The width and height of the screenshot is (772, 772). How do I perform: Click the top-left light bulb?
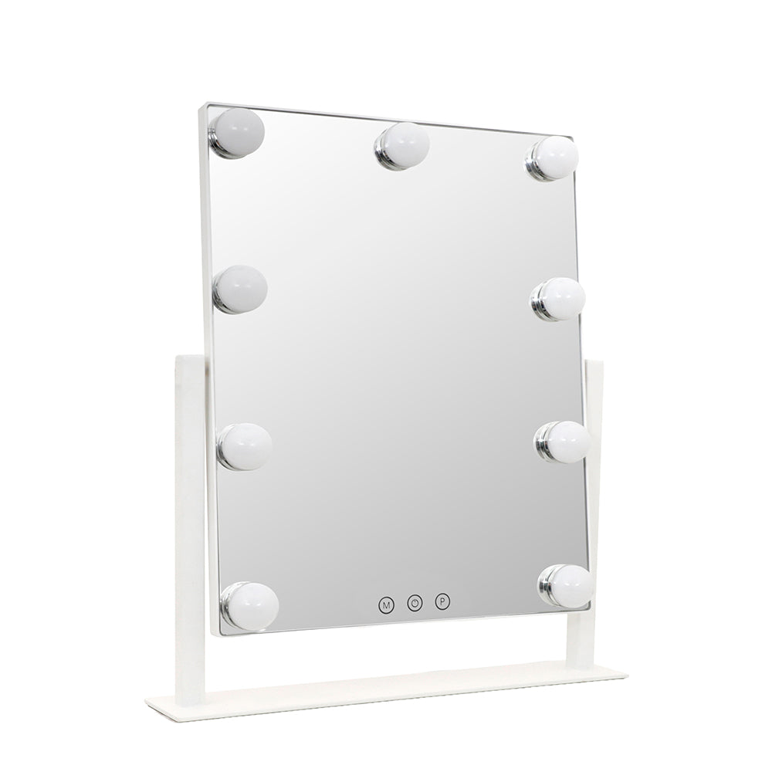(x=237, y=133)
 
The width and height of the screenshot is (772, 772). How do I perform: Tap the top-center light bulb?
(x=402, y=146)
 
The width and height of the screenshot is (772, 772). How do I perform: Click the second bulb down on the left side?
(x=240, y=289)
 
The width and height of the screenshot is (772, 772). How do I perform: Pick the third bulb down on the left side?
(x=245, y=446)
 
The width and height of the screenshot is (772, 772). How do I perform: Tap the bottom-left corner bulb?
(x=249, y=606)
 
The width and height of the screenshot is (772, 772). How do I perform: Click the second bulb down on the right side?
(x=558, y=299)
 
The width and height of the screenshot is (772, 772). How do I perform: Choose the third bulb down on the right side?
(x=564, y=442)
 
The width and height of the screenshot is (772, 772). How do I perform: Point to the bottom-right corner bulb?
(x=566, y=586)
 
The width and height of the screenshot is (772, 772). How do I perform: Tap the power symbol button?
(x=415, y=602)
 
